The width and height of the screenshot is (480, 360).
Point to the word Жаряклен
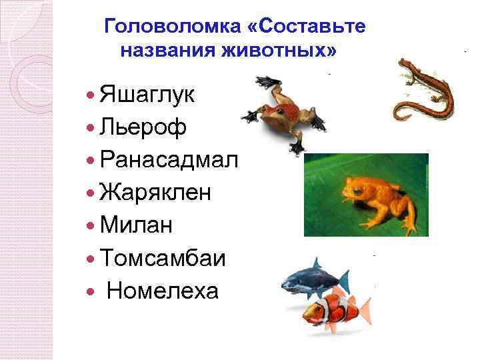(155, 193)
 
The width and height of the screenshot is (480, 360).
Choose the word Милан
(135, 225)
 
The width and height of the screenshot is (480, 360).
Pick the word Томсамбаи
(162, 258)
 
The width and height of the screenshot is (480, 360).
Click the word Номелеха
(162, 291)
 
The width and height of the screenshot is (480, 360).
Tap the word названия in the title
(163, 50)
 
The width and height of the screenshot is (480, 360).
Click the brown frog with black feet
(280, 110)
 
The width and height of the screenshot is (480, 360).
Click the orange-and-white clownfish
(330, 308)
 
